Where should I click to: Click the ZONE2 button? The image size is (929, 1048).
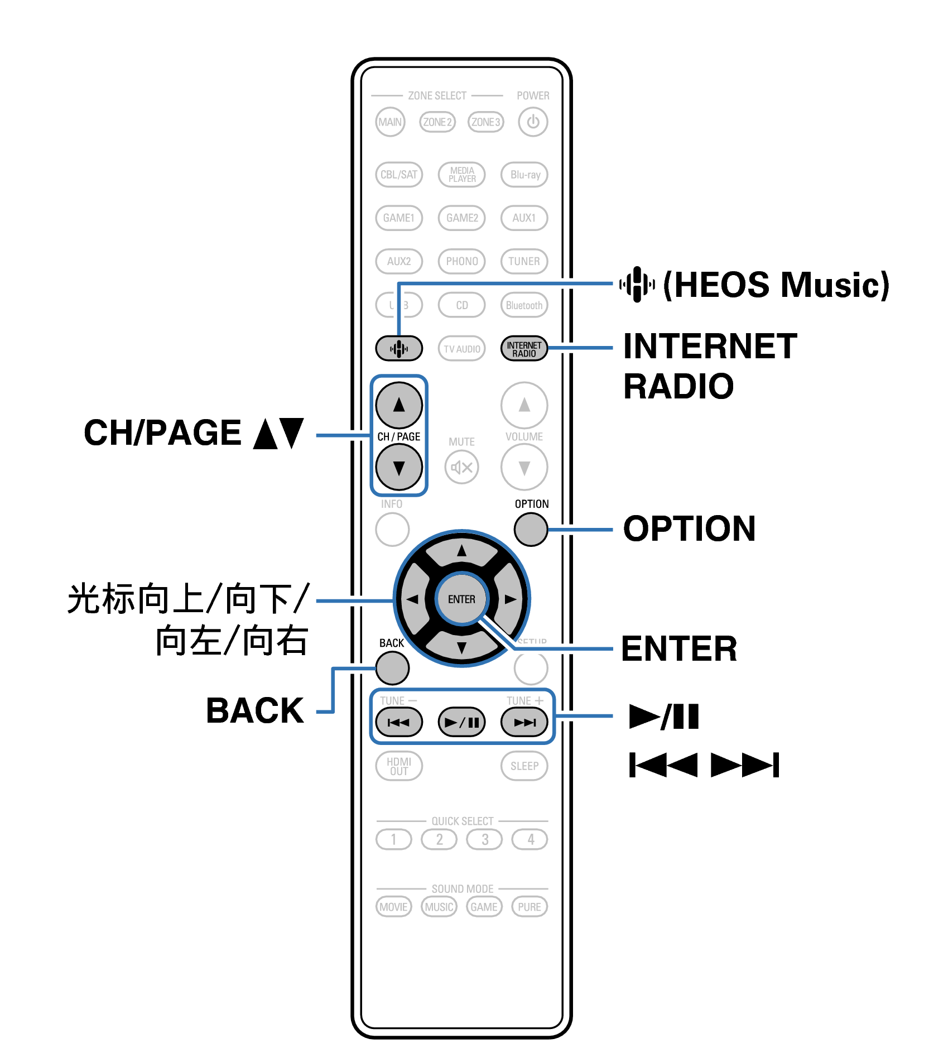click(437, 122)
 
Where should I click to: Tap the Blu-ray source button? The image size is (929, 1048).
click(524, 175)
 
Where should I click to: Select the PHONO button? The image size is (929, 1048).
click(461, 261)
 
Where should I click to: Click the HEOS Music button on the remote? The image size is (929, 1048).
click(398, 349)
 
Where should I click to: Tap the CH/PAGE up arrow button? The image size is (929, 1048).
click(398, 405)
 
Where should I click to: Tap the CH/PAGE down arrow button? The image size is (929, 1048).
click(398, 468)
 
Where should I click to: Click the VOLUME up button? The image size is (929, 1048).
click(524, 405)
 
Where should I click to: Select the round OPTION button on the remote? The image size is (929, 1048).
click(531, 529)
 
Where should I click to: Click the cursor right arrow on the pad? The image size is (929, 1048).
click(509, 599)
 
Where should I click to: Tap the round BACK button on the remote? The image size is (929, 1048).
click(392, 668)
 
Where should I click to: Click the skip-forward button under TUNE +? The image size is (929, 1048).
click(524, 722)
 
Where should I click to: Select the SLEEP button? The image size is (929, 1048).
click(524, 766)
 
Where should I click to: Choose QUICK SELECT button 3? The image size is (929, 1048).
click(484, 839)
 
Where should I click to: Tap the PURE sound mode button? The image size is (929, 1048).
click(529, 907)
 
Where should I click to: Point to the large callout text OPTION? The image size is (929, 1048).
click(689, 529)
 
